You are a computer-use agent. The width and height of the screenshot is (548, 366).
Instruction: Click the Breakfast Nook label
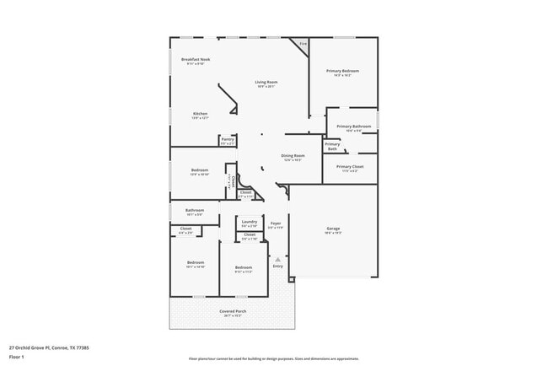pos(196,59)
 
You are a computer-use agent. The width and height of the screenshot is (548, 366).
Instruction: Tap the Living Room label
pos(266,82)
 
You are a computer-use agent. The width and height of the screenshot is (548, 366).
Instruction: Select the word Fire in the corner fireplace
pos(303,44)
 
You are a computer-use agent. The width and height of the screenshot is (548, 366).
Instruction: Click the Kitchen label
pos(200,114)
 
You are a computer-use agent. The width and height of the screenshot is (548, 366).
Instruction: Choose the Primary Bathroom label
pos(353,126)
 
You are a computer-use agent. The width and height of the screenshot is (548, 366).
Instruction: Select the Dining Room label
pos(293,156)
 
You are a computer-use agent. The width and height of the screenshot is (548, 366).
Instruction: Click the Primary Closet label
pos(350,167)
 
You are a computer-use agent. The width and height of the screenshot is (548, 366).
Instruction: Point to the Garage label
pos(333,229)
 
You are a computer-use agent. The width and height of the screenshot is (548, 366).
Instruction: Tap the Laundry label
pos(250,222)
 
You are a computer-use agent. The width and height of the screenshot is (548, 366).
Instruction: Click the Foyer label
pos(275,223)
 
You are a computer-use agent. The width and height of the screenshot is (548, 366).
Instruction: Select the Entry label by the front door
pos(277,266)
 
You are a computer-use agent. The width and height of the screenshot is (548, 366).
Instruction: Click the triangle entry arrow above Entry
pos(277,258)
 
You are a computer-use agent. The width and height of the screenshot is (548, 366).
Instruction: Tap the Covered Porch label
pos(232,311)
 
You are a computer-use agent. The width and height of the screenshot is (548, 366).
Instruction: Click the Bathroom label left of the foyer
pos(195,210)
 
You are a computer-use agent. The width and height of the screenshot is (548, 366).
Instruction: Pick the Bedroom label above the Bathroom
pos(199,170)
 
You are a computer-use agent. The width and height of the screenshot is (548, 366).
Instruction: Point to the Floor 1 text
pos(17,357)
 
